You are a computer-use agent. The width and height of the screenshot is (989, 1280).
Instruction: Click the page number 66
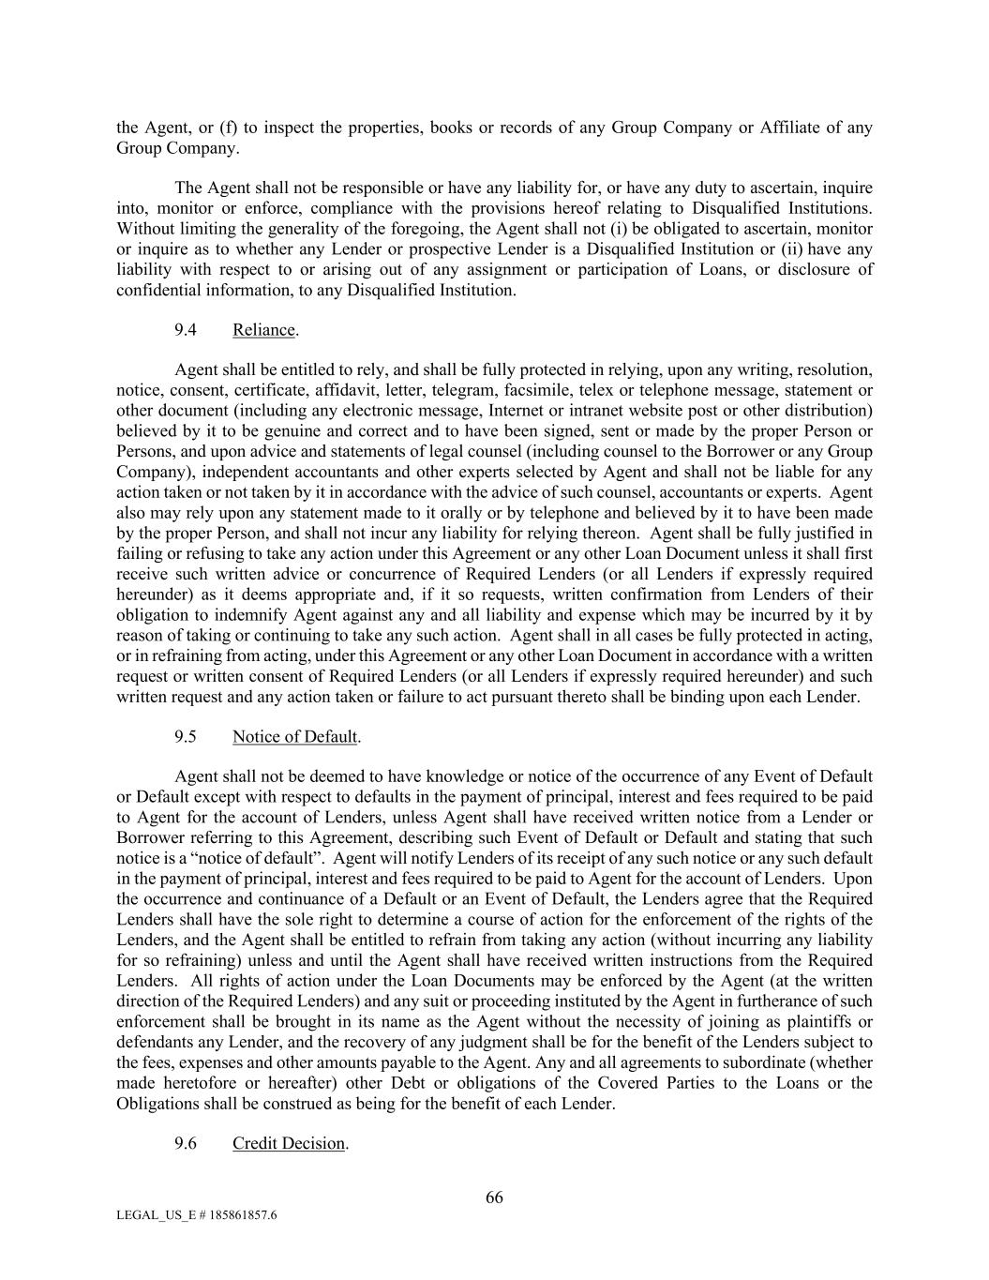coord(494,1197)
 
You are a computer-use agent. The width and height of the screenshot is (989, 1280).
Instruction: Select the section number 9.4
coord(186,330)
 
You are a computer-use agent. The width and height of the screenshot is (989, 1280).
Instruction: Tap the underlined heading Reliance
coord(263,330)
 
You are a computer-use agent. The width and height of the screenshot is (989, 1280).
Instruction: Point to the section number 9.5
coord(186,736)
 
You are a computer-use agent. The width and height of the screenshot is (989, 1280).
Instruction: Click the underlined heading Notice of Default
coord(294,736)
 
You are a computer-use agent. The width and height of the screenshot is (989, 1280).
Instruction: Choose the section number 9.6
coord(186,1144)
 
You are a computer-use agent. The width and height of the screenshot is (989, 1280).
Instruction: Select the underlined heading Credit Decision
coord(289,1144)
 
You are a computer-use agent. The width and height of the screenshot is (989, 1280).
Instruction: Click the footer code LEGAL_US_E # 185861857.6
coord(196,1215)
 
